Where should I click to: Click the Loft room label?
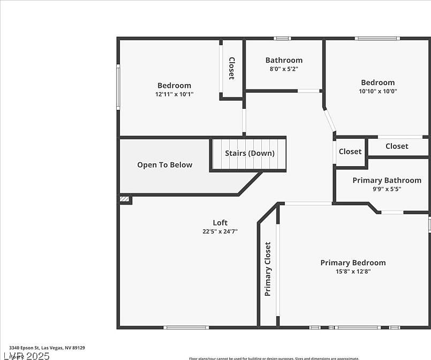pos(220,223)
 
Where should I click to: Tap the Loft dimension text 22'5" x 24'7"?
pos(220,232)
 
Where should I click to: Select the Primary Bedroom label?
pos(353,262)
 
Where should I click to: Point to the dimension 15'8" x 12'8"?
pos(353,272)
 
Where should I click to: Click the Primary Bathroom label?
pos(387,180)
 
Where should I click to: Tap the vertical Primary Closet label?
pos(268,269)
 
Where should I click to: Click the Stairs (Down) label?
pos(249,153)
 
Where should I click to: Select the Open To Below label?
pos(164,165)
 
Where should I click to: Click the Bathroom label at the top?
pos(284,60)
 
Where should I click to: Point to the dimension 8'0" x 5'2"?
pos(284,69)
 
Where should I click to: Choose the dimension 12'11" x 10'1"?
pos(174,94)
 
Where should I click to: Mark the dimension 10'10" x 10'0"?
pos(378,91)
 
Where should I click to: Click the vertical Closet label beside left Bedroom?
pos(232,68)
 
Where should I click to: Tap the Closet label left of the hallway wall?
pos(350,152)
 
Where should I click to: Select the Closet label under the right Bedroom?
pos(397,146)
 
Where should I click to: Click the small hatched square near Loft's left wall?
pos(125,199)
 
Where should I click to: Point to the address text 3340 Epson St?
pos(43,348)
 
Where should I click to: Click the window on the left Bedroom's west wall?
pos(118,87)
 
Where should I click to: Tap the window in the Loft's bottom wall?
pos(186,327)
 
